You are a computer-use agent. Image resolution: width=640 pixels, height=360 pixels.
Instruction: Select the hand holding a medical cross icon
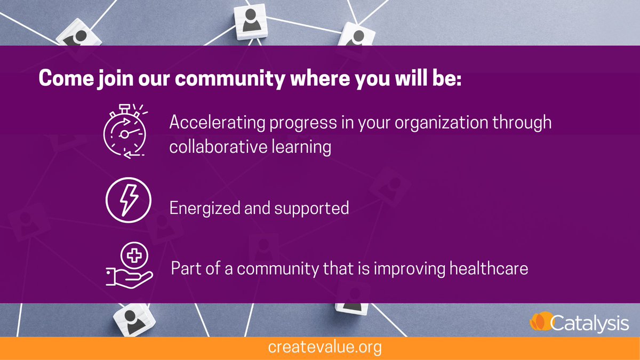[x=129, y=266]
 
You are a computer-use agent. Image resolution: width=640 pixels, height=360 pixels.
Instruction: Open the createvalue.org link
[x=325, y=348]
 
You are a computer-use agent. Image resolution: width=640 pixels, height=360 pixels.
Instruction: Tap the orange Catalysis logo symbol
[x=539, y=322]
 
